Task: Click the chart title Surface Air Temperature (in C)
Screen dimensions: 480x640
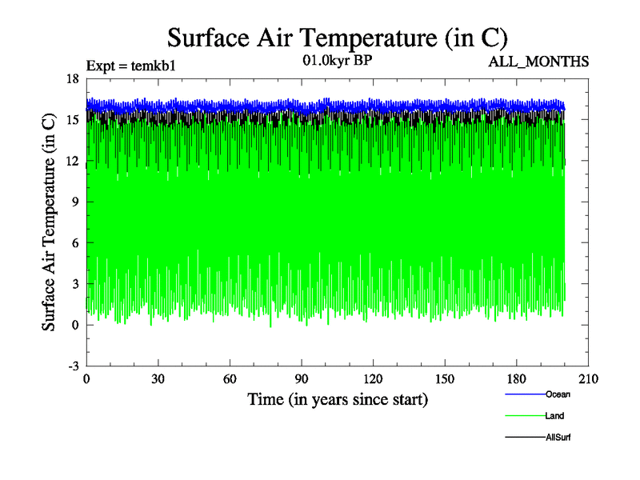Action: (336, 38)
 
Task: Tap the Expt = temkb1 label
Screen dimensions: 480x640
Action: (130, 66)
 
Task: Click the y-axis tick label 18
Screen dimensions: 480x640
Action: (72, 78)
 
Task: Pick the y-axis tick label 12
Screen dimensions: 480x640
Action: (72, 161)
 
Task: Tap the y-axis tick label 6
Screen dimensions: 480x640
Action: (75, 242)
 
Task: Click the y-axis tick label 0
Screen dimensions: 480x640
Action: (75, 325)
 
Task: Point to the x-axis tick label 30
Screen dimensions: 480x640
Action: (158, 379)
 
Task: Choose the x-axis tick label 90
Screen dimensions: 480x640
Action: (302, 379)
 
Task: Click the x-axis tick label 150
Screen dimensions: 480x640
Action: (445, 379)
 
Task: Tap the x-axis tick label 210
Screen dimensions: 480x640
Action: (589, 379)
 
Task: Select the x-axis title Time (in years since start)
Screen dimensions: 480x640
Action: (338, 398)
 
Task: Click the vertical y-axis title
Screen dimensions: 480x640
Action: (49, 222)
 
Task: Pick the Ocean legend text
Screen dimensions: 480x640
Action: (558, 394)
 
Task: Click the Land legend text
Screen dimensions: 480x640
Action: (554, 416)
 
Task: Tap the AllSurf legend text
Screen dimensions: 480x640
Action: (558, 438)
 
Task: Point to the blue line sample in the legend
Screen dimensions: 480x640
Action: (525, 394)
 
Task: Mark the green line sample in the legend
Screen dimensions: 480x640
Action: (525, 416)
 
